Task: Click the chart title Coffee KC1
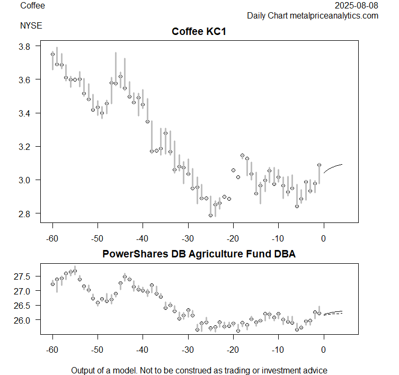[x=199, y=32]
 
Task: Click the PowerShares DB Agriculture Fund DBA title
[x=199, y=254]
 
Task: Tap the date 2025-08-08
[x=357, y=6]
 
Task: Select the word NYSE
[x=31, y=25]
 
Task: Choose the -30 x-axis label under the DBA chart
[x=188, y=350]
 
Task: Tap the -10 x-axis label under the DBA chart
[x=278, y=350]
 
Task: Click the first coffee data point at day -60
[x=52, y=54]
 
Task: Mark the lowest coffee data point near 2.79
[x=211, y=215]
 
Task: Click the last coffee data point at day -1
[x=319, y=165]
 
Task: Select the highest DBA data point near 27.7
[x=75, y=271]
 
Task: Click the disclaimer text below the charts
[x=199, y=370]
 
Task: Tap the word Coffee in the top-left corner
[x=32, y=6]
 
